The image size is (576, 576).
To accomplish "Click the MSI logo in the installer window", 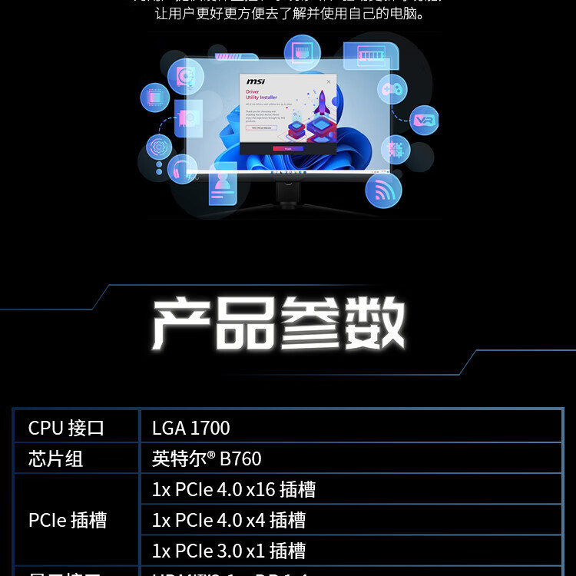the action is tap(256, 81).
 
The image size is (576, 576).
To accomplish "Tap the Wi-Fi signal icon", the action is tap(383, 189).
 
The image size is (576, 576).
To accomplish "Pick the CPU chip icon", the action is tap(154, 98).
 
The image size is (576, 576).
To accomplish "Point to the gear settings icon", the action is tap(159, 146).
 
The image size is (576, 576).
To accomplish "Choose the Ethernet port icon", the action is tap(302, 53).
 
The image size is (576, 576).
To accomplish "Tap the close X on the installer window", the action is tap(329, 81).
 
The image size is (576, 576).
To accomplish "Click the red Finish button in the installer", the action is tap(288, 148).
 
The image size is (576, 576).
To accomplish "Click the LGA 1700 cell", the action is tap(191, 428).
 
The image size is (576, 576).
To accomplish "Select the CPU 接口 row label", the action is tap(66, 428).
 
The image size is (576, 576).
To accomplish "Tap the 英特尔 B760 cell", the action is tap(207, 458).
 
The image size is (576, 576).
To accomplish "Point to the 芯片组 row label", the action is tap(55, 458).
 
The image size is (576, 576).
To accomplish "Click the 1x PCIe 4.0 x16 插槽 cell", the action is tap(233, 489).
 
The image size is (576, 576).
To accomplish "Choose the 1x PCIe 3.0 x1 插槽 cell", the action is tap(229, 551).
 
